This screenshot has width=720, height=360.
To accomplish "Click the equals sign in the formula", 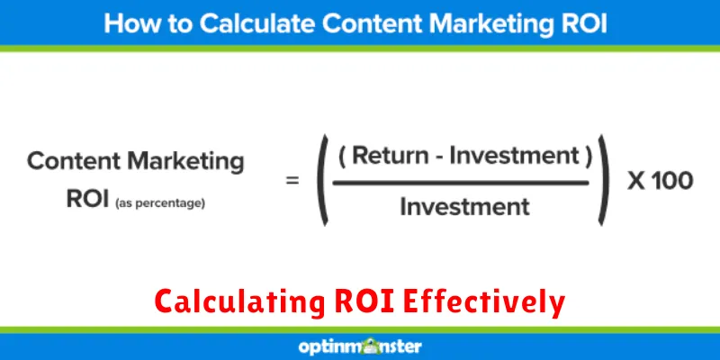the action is pos(292,181).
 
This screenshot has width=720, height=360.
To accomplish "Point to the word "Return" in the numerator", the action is pos(389,156).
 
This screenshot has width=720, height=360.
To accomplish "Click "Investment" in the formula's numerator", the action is pos(514,156).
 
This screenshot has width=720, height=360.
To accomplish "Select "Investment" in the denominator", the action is pos(464,206).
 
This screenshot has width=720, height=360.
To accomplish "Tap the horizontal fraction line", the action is pos(461,183).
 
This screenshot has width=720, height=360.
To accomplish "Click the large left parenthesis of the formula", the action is pos(323,180).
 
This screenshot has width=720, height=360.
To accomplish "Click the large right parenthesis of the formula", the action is pos(604,180).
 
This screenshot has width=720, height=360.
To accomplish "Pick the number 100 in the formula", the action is pos(672,181).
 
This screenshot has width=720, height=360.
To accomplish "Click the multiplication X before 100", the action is pos(637,181).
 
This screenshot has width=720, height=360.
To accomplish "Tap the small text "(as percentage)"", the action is pos(160,203).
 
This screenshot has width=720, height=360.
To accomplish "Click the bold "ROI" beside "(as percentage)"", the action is pos(88,199).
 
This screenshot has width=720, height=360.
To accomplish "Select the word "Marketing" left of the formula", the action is pos(185,162).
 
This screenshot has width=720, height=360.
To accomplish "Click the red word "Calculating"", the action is pos(239,303).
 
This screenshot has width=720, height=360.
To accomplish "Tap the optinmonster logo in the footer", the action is pos(360,346).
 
